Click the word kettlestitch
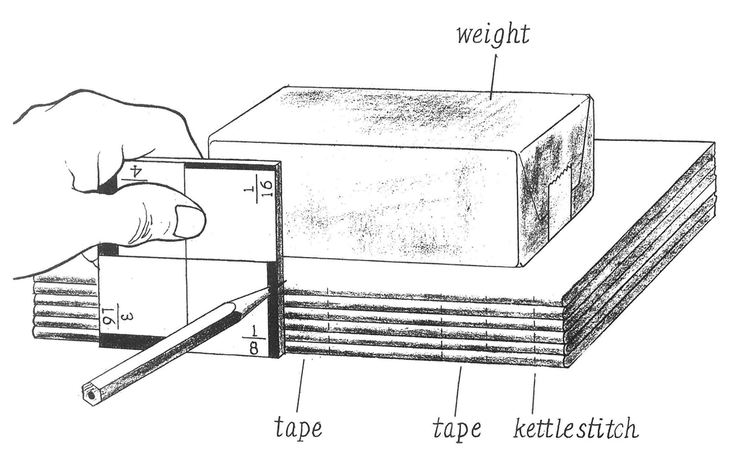[x=576, y=429]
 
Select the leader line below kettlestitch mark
[x=533, y=393]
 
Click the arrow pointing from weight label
[x=493, y=78]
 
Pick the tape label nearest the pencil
[x=298, y=429]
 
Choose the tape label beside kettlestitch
[x=456, y=429]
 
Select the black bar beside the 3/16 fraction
[x=131, y=342]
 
